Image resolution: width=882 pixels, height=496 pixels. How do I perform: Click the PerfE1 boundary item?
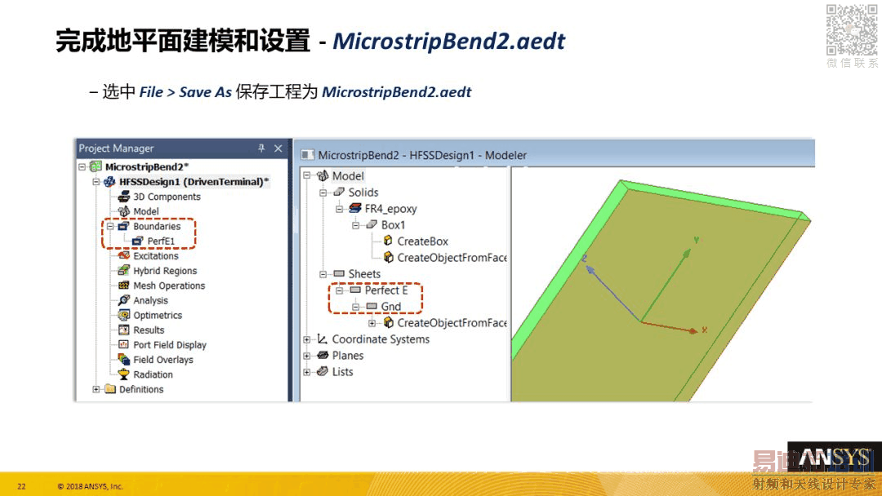point(161,241)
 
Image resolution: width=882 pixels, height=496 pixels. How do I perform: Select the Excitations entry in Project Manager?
point(155,256)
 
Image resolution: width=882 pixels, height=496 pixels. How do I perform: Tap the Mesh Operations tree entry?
point(169,286)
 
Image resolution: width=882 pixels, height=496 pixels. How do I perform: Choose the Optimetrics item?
point(158,315)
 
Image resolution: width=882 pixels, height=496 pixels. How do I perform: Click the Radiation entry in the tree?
point(153,374)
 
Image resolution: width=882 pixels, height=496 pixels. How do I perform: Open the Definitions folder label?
point(141,389)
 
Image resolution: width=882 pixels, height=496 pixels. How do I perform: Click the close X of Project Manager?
point(278,148)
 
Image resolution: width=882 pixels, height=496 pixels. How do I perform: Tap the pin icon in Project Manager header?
point(261,148)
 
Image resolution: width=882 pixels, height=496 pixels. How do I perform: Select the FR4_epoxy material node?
point(390,208)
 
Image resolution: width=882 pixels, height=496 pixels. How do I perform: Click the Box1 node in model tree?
point(393,225)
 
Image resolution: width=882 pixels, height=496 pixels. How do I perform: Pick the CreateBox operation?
point(422,241)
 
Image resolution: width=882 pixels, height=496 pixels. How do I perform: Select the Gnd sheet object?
point(391,307)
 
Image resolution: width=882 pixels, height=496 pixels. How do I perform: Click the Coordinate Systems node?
point(381,339)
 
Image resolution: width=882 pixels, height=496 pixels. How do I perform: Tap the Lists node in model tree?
point(342,372)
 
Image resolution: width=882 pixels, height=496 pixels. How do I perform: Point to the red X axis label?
point(704,330)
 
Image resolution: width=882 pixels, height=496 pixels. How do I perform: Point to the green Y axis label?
point(697,240)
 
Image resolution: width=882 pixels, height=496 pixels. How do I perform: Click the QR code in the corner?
point(852,29)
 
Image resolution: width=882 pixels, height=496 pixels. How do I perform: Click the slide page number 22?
point(21,486)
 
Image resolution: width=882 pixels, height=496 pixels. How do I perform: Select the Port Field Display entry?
point(169,345)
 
